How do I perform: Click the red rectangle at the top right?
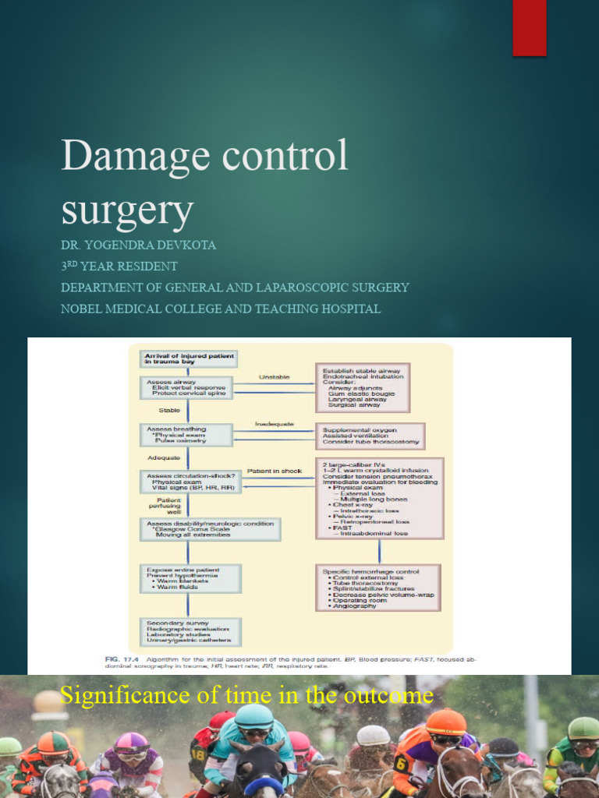tap(529, 28)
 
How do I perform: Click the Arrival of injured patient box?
tap(188, 358)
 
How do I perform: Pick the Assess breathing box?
tap(188, 435)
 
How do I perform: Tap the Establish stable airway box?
tap(363, 387)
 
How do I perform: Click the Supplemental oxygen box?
tap(370, 436)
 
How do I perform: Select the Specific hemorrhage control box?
tap(378, 588)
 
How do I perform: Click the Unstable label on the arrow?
tap(274, 377)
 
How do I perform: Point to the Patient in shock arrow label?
tap(274, 471)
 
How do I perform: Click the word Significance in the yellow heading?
tap(126, 694)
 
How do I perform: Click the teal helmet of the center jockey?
tap(254, 716)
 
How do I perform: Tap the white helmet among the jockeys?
tap(374, 735)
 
